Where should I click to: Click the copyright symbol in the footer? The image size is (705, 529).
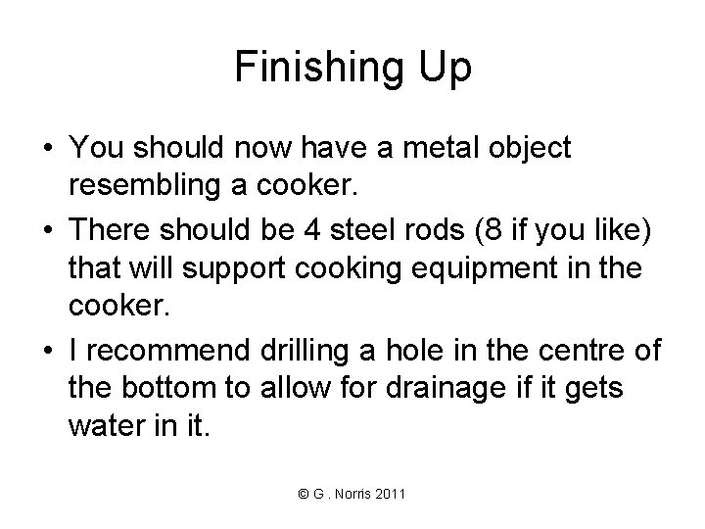point(304,495)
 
